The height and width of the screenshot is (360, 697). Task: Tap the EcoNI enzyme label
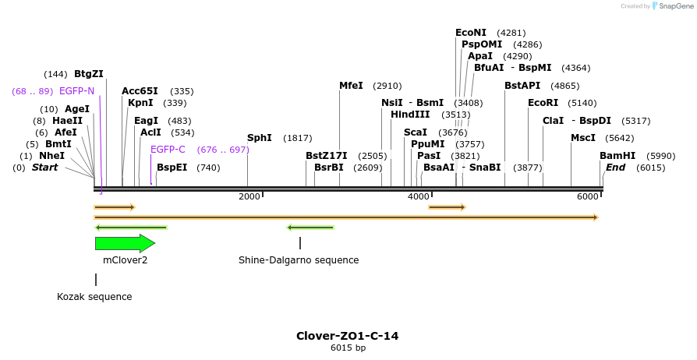click(x=470, y=33)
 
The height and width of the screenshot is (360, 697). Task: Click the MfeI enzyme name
click(x=351, y=86)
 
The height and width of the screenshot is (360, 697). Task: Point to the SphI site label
click(x=259, y=138)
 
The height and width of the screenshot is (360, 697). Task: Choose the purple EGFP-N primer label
click(x=76, y=91)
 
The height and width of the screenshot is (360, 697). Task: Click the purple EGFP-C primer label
click(x=168, y=150)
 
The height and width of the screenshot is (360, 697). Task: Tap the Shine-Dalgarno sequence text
click(x=299, y=260)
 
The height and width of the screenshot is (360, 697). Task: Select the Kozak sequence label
click(x=94, y=297)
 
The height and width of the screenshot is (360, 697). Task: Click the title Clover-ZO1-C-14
click(x=347, y=336)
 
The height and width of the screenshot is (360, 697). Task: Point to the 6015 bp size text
click(x=348, y=348)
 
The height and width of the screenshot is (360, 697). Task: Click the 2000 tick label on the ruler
click(x=249, y=196)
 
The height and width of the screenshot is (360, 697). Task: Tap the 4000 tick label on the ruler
click(x=418, y=196)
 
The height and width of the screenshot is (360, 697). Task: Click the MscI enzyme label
click(x=582, y=138)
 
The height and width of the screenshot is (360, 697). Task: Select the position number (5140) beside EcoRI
click(x=582, y=103)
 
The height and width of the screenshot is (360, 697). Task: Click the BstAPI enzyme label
click(x=522, y=86)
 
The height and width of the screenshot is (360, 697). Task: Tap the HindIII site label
click(x=410, y=115)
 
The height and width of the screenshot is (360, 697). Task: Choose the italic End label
click(x=615, y=168)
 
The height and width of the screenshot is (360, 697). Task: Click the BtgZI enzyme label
click(x=88, y=74)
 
